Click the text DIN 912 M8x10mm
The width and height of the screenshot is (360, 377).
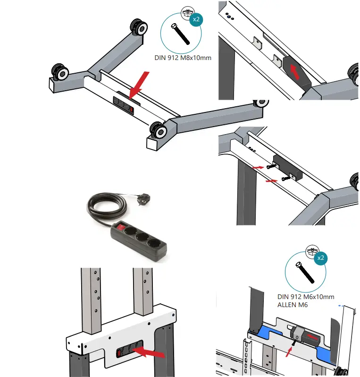click(x=184, y=59)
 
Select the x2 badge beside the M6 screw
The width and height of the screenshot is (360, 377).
click(x=320, y=258)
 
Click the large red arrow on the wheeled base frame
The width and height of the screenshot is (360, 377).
click(x=139, y=85)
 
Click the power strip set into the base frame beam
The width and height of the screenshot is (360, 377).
click(x=124, y=104)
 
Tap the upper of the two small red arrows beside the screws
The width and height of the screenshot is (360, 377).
click(x=257, y=167)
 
